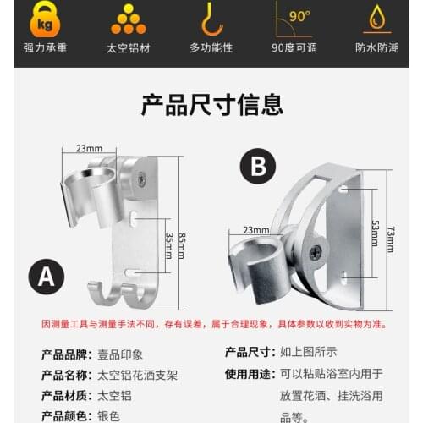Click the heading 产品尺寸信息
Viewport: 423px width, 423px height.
pos(211,105)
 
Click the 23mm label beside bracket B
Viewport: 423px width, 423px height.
pos(255,229)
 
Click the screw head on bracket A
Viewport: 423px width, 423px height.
pos(141,179)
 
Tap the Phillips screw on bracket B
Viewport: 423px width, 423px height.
pos(315,251)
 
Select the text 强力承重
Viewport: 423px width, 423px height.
pos(41,47)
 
